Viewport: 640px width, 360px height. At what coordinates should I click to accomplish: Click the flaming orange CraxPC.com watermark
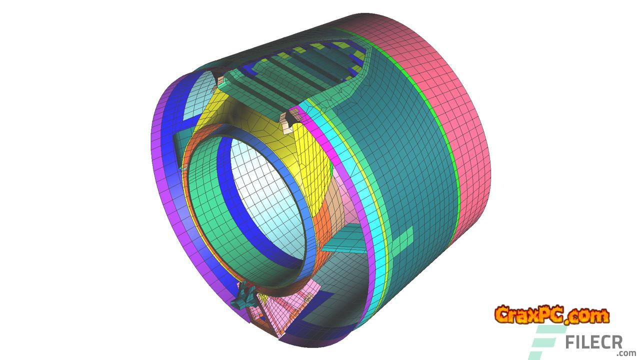[551, 315]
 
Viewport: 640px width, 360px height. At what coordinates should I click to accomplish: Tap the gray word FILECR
[593, 342]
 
